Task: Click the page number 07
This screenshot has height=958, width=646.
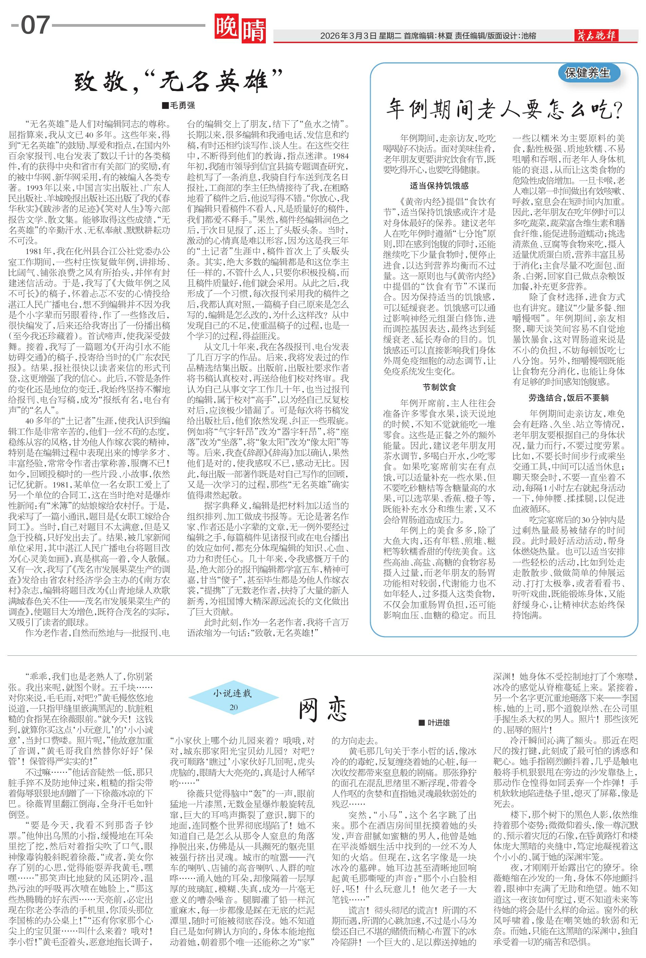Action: coord(35,25)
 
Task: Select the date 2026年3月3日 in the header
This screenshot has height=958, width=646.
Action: coord(348,36)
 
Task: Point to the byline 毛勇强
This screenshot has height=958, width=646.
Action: coord(183,106)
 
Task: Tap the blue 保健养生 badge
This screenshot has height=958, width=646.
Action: coord(587,73)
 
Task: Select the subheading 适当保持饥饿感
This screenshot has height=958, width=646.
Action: coord(439,186)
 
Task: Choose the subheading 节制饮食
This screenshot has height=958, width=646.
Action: coord(439,387)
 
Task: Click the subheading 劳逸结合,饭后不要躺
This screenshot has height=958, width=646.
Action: coord(569,398)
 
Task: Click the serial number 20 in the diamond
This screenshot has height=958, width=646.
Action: coord(233,707)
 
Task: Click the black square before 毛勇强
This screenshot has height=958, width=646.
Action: coord(165,106)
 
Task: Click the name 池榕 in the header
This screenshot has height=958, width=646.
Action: coord(529,36)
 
